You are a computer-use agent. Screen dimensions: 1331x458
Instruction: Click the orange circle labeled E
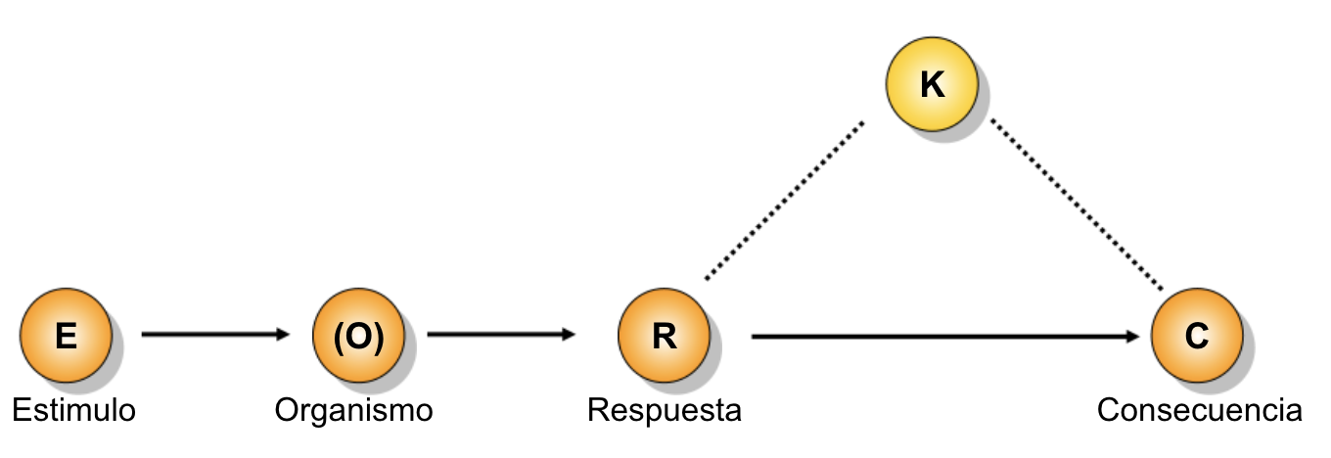66,335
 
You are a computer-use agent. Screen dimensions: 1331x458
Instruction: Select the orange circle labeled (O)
359,335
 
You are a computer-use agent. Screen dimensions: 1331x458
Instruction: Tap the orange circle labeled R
664,335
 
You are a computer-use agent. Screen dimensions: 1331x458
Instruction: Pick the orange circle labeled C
1197,335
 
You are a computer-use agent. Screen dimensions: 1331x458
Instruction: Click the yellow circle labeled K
932,84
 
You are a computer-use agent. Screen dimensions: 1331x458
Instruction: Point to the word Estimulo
73,410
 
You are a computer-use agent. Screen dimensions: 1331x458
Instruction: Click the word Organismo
353,410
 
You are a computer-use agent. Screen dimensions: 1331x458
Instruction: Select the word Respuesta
665,410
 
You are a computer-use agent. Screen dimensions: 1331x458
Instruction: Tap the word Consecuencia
1199,410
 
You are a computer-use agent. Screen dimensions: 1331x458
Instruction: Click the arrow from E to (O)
215,335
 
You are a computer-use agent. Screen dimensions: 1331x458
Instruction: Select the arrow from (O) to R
501,335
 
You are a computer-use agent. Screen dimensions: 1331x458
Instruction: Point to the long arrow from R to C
945,337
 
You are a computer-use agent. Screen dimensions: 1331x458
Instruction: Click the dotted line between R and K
784,201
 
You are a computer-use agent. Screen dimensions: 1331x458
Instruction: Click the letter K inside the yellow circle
933,84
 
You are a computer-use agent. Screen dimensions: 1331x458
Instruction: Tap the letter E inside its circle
66,336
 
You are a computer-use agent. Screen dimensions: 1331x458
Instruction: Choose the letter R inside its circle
665,336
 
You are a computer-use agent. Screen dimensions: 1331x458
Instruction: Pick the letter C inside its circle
1197,336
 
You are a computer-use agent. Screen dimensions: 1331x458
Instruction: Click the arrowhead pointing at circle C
1132,337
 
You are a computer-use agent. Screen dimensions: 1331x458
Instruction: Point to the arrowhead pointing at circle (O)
282,335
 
